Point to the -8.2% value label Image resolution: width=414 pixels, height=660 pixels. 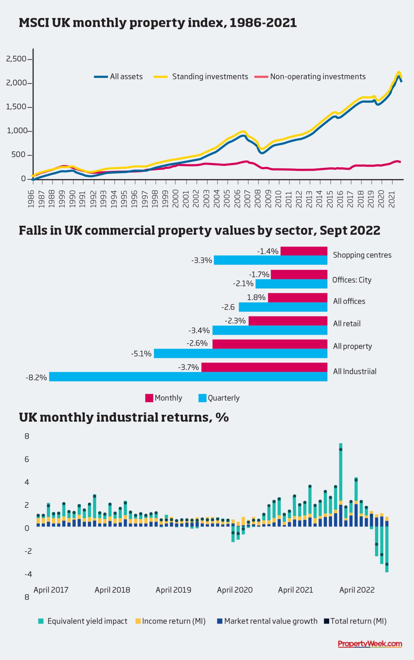pyautogui.click(x=36, y=378)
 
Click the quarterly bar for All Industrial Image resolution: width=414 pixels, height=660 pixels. pyautogui.click(x=188, y=377)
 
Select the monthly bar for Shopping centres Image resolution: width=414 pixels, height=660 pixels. pyautogui.click(x=304, y=251)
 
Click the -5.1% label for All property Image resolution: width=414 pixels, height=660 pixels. pyautogui.click(x=141, y=354)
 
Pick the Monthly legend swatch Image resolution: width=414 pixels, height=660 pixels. pyautogui.click(x=149, y=398)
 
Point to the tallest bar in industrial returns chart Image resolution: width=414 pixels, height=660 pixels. pyautogui.click(x=341, y=486)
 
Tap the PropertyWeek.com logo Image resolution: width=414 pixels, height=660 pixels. pyautogui.click(x=370, y=644)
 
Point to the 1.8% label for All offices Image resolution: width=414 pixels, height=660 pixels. pyautogui.click(x=256, y=297)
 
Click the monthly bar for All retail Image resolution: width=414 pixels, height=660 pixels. pyautogui.click(x=288, y=321)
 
